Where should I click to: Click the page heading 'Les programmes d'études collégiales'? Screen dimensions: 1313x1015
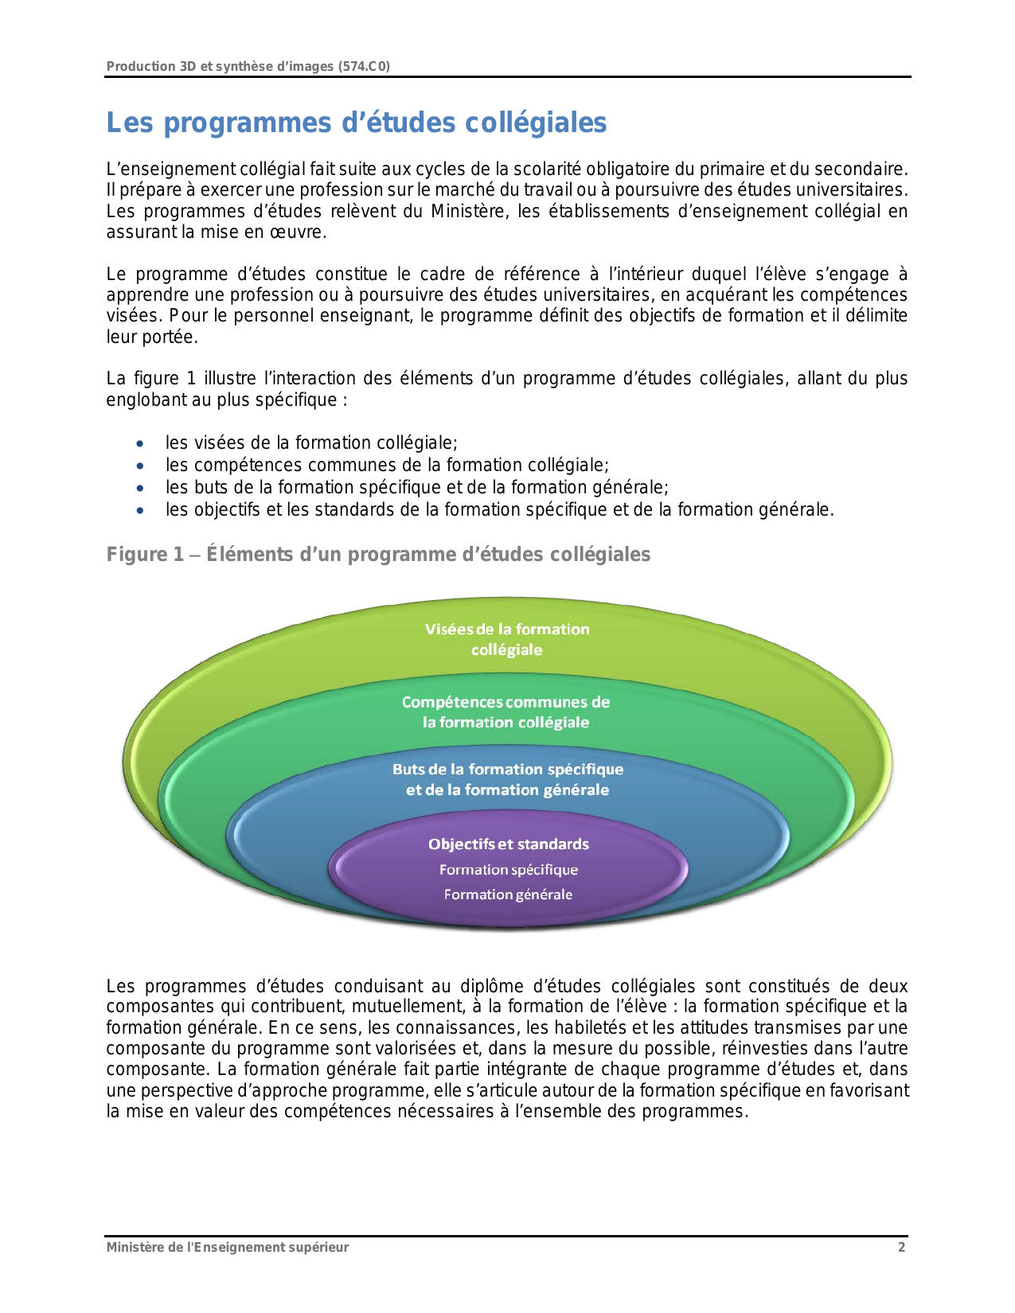[x=357, y=123]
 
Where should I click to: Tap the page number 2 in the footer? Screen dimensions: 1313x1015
[x=901, y=1247]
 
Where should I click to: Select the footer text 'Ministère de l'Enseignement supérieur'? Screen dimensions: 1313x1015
[x=228, y=1247]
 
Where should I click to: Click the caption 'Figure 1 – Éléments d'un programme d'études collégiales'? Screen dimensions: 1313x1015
[x=378, y=555]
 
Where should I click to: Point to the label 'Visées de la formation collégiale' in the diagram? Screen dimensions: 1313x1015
[x=507, y=639]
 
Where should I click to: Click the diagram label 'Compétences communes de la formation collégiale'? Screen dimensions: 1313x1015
[x=506, y=712]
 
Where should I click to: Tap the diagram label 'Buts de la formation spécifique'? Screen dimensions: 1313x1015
[x=508, y=769]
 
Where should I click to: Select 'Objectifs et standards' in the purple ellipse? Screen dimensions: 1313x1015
[x=509, y=844]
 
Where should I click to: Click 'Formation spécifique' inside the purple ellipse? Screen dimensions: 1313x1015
[x=509, y=870]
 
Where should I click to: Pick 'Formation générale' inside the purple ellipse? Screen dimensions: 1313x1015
[x=508, y=894]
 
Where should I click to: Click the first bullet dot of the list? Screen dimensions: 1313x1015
[x=141, y=444]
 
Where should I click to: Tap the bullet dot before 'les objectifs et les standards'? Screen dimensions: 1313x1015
[x=141, y=511]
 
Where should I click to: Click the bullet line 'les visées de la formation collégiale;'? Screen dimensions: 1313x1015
[x=311, y=443]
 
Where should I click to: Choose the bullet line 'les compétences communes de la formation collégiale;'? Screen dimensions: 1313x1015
[x=387, y=466]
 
